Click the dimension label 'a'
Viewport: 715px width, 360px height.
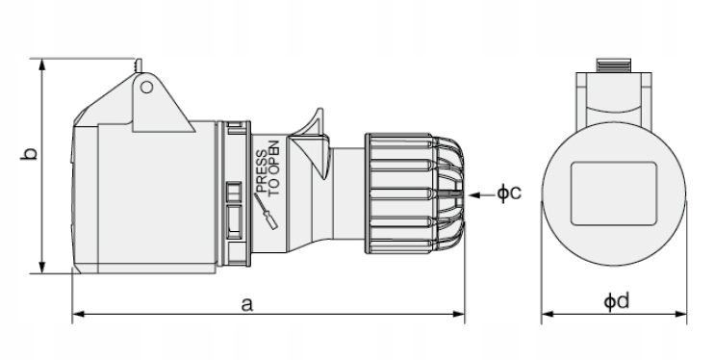[246, 304]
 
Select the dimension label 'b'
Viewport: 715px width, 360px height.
[30, 153]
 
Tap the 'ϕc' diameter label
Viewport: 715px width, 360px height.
[509, 193]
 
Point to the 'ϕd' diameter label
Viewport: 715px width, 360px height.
[617, 301]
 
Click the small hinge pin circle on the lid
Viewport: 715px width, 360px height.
[146, 87]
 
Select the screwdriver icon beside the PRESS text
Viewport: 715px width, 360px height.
[266, 211]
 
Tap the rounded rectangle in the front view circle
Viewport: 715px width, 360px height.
[614, 193]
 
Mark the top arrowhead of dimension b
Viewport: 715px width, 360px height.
[42, 64]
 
